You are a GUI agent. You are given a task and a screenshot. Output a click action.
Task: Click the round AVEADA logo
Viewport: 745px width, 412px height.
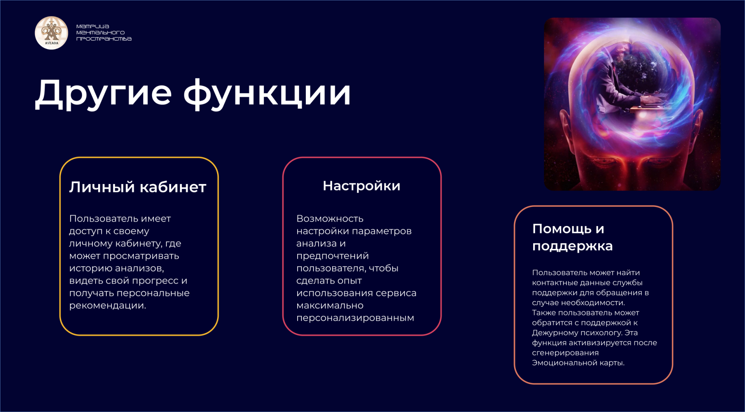click(52, 33)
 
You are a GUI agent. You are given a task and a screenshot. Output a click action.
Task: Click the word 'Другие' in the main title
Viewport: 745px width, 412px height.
click(103, 94)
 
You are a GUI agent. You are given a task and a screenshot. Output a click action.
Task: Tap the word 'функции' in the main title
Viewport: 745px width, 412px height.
click(267, 94)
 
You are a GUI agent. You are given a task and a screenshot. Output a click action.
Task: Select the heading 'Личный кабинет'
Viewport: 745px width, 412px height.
click(138, 187)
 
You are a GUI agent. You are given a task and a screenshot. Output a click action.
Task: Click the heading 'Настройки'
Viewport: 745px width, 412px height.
click(362, 186)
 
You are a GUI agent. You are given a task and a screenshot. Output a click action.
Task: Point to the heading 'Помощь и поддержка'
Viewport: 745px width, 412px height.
click(572, 237)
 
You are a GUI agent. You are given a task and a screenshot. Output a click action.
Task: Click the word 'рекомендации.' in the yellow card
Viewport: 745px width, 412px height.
click(108, 306)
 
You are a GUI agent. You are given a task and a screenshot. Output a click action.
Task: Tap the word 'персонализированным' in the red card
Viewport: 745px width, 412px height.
click(355, 318)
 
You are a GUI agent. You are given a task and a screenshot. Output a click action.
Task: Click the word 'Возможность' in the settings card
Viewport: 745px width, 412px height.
click(330, 219)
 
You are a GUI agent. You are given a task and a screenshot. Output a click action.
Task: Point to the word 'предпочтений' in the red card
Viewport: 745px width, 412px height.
click(333, 256)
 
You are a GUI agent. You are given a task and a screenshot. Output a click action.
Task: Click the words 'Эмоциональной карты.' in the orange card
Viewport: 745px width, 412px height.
click(578, 363)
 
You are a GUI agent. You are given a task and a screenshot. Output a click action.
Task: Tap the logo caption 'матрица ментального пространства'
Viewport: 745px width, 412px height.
click(104, 33)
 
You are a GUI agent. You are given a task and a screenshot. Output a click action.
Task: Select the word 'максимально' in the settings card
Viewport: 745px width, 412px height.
click(330, 306)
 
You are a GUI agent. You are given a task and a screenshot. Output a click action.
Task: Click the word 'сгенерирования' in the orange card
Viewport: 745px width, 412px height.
click(565, 353)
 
